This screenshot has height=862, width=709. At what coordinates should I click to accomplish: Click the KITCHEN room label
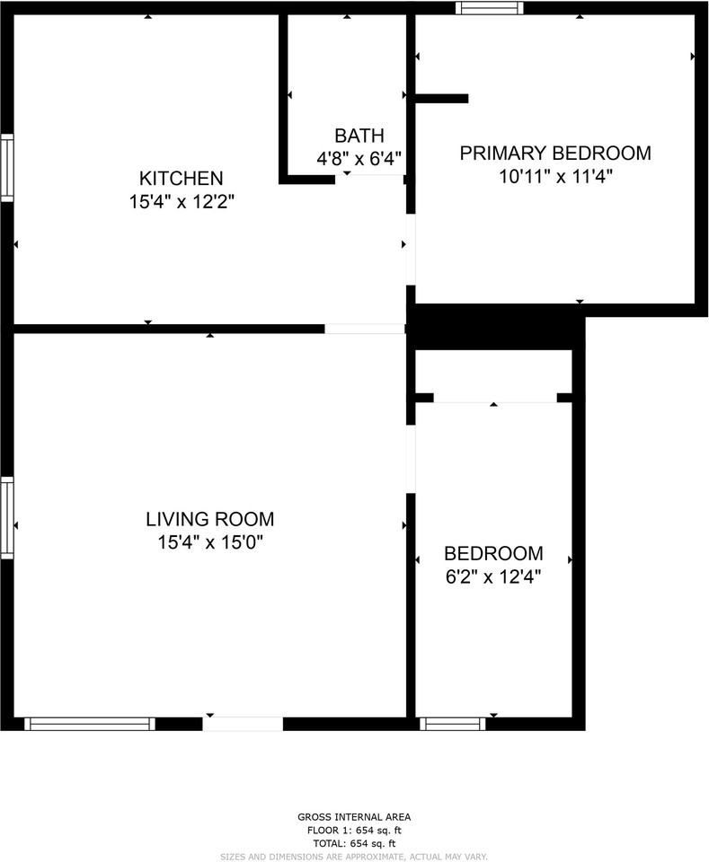[x=181, y=178]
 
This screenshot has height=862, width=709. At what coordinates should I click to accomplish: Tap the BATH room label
[x=359, y=136]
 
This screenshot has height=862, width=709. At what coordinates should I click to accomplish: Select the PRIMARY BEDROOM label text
[x=555, y=153]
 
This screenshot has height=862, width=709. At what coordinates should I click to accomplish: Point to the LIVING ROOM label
[x=209, y=519]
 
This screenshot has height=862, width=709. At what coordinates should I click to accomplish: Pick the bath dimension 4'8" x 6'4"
[x=359, y=159]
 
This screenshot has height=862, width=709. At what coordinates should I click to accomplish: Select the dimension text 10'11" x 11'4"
[x=556, y=176]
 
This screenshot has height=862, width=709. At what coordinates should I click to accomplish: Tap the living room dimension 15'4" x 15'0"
[x=209, y=542]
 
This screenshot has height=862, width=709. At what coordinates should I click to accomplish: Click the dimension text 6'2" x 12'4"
[x=493, y=577]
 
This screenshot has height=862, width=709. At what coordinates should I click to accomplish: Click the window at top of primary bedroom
[x=489, y=8]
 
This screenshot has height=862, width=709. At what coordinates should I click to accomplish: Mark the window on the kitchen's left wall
[x=6, y=167]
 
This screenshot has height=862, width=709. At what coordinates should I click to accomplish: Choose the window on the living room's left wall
[x=6, y=517]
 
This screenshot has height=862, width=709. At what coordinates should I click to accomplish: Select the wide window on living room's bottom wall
[x=89, y=724]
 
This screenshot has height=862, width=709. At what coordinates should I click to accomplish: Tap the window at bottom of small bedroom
[x=453, y=724]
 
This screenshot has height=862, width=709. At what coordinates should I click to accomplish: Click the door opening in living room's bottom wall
[x=243, y=724]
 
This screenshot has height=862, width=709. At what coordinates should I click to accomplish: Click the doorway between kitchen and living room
[x=365, y=329]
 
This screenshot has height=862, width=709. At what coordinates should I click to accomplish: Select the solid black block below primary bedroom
[x=494, y=327]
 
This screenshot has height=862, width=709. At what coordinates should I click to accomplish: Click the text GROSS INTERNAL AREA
[x=354, y=817]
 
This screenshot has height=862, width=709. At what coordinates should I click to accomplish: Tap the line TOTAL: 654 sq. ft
[x=354, y=843]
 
